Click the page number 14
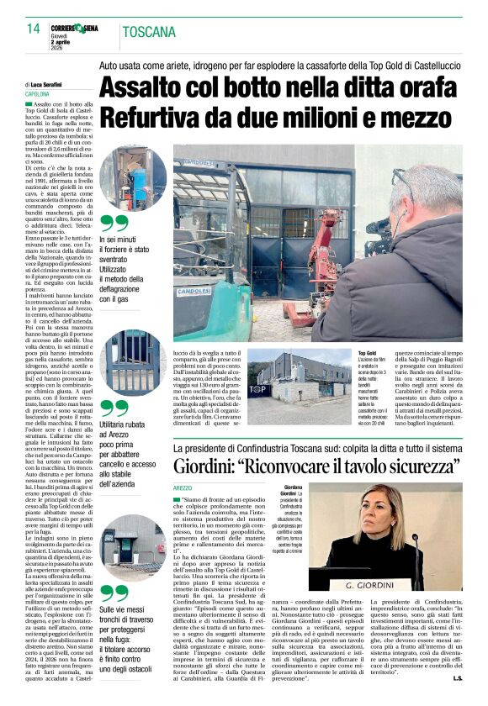pos(34,29)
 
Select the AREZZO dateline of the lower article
pos(183,487)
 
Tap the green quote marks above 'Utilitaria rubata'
pos(114,409)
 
